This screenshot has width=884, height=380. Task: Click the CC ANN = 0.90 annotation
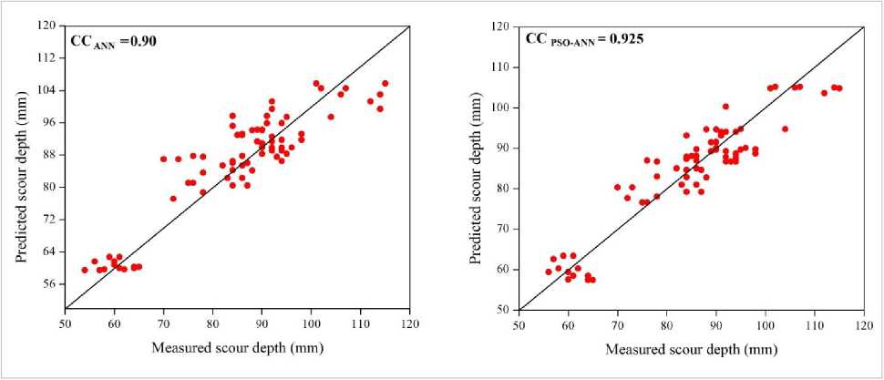click(x=115, y=40)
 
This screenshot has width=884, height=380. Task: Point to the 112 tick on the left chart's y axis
click(x=46, y=57)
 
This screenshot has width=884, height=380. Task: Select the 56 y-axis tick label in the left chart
click(x=49, y=283)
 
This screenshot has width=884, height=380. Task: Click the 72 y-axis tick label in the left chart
click(x=49, y=219)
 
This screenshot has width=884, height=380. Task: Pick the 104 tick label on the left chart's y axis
click(x=46, y=90)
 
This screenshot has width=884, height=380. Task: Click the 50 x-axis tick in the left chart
click(x=65, y=323)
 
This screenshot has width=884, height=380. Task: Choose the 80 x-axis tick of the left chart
click(x=213, y=323)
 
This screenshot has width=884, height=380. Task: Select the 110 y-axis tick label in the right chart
click(x=498, y=67)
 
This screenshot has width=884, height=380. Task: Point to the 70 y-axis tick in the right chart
click(x=500, y=229)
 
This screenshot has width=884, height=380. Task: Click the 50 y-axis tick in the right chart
click(x=500, y=310)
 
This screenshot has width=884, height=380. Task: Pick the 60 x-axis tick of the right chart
click(x=568, y=324)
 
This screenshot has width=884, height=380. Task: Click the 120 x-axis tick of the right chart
click(x=863, y=324)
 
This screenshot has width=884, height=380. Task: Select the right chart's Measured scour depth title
click(x=690, y=347)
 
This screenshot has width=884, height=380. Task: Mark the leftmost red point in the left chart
click(x=85, y=270)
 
